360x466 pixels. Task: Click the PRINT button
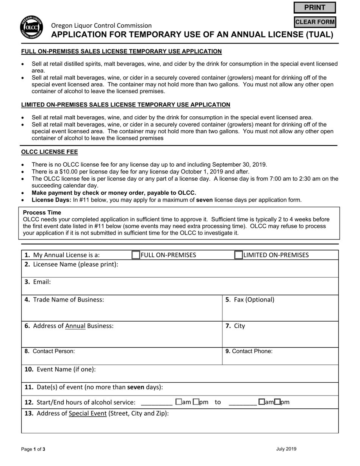[x=315, y=8]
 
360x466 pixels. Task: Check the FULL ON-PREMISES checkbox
[x=136, y=255]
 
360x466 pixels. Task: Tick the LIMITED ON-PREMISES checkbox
[x=238, y=255]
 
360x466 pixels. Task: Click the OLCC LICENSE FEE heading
[x=50, y=152]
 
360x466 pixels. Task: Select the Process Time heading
[x=42, y=213]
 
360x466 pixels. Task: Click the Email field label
[x=38, y=282]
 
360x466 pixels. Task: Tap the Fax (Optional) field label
[x=250, y=300]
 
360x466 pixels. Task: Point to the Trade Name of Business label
[x=64, y=300]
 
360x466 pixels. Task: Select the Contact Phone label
[x=249, y=351]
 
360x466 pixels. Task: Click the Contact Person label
[x=50, y=351]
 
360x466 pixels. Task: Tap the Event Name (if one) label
[x=60, y=369]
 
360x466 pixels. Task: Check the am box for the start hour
[x=178, y=402]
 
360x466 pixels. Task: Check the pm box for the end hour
[x=277, y=402]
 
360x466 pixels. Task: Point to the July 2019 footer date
[x=286, y=449]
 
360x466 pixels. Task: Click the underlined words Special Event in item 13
[x=88, y=413]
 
